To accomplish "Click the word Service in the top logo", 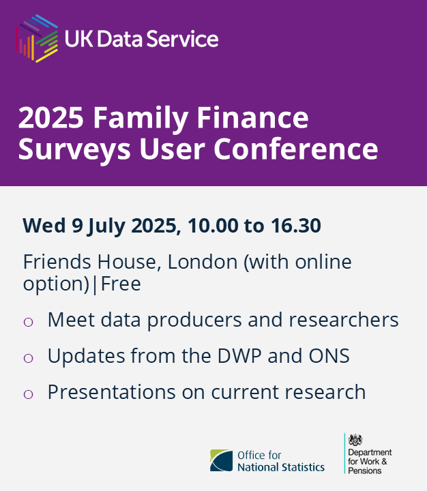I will click(x=185, y=38).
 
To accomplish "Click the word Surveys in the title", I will click(x=66, y=149).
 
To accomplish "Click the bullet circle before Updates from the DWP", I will click(x=29, y=357).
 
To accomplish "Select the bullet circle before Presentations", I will click(x=29, y=393).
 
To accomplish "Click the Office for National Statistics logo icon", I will click(x=220, y=461).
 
